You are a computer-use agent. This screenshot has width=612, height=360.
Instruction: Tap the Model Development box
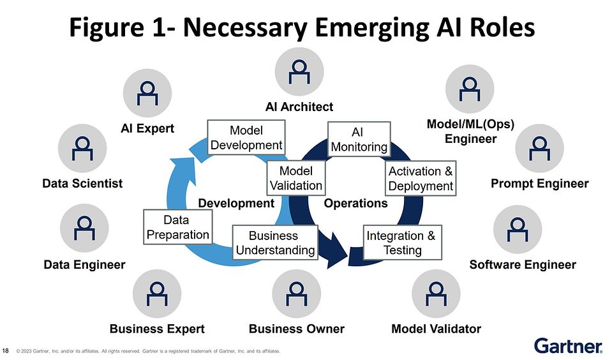[x=246, y=137]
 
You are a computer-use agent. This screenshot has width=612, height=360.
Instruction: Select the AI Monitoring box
[x=359, y=139]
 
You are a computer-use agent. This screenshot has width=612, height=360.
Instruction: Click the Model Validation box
[x=296, y=178]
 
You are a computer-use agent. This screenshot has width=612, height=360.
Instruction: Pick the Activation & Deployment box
[x=421, y=179]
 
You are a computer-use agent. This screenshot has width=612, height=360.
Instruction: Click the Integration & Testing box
[x=401, y=243]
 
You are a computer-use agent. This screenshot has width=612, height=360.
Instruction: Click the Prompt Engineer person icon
[x=540, y=148]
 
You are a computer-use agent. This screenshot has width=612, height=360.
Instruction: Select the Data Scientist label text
[x=82, y=184]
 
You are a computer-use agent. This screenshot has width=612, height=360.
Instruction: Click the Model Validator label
[x=436, y=329]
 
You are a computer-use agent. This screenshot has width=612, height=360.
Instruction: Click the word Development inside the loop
[x=236, y=204]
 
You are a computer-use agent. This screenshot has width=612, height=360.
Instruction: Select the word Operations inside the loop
[x=356, y=204]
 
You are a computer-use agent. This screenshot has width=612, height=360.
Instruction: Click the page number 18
[x=6, y=350]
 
